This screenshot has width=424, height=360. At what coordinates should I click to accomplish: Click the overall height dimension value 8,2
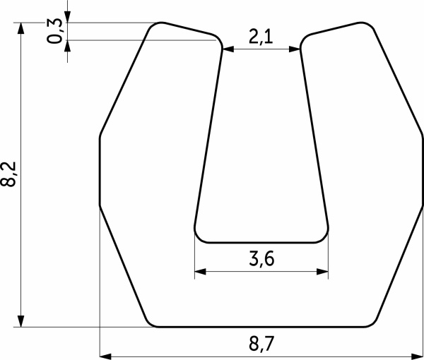(x=8, y=173)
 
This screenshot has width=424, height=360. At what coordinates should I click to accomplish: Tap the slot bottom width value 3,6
(x=261, y=259)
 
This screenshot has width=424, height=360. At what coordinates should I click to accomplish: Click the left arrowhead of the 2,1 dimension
(x=228, y=49)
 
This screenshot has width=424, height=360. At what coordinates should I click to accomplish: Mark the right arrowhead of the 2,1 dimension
(x=297, y=49)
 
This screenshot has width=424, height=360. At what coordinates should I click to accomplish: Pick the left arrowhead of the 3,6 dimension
(x=199, y=270)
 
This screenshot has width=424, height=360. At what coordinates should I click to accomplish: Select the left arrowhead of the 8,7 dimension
(x=104, y=356)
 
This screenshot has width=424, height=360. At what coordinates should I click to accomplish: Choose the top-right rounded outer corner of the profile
(x=367, y=25)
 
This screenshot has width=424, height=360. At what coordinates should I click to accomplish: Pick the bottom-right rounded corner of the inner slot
(x=325, y=237)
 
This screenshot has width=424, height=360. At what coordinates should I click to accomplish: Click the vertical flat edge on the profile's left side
(x=99, y=169)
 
